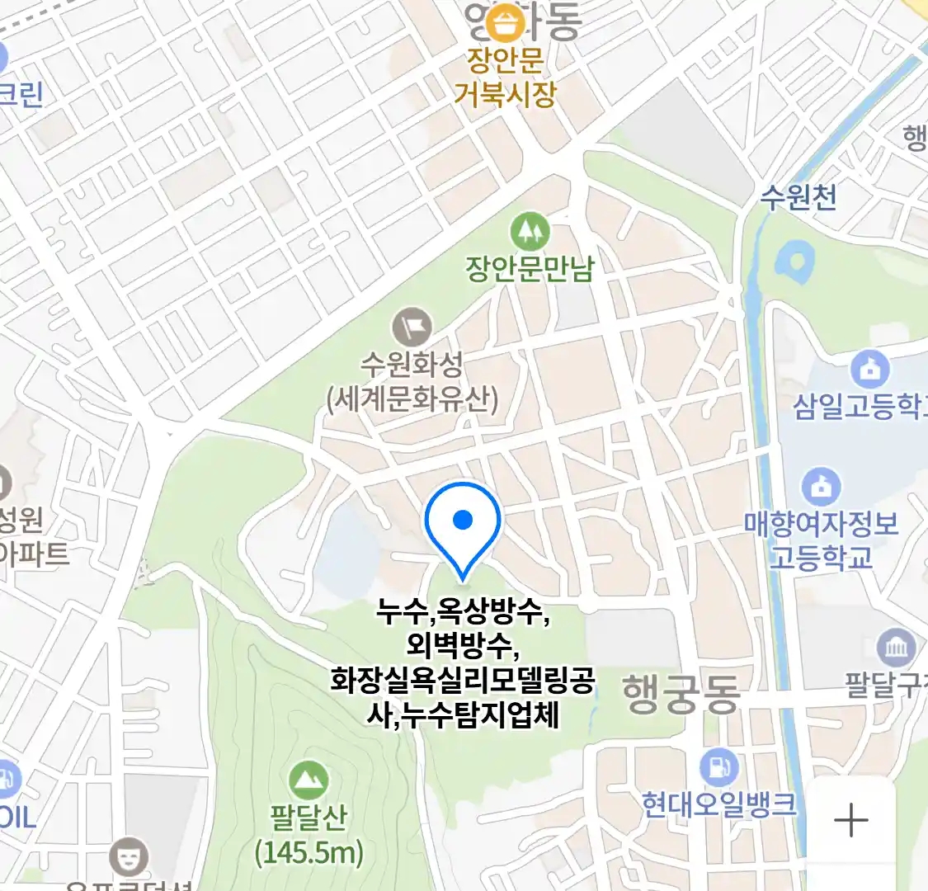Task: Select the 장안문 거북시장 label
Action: click(x=505, y=78)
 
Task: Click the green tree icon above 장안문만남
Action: click(x=530, y=230)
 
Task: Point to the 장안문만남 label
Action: click(x=530, y=269)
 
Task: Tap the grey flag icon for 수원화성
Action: click(x=412, y=326)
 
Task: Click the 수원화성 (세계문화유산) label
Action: click(x=412, y=382)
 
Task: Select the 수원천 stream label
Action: click(x=798, y=197)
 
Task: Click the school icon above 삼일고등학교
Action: click(x=869, y=370)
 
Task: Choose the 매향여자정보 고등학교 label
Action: click(x=821, y=540)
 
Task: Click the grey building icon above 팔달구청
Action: click(x=895, y=648)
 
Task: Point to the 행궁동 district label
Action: click(x=681, y=693)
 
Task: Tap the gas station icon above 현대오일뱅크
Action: click(x=718, y=767)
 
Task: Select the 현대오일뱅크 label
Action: click(x=719, y=804)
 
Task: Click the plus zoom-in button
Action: click(x=850, y=821)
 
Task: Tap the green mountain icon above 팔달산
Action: click(x=309, y=780)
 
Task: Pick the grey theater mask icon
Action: click(x=130, y=856)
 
